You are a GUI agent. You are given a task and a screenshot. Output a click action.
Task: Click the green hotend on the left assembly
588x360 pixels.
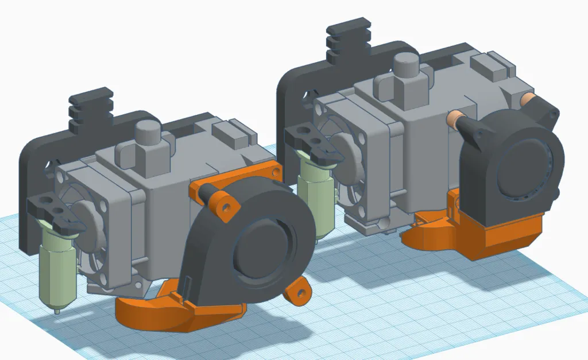point(56,270)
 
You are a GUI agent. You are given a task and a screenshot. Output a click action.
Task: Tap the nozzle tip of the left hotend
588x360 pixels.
point(57,312)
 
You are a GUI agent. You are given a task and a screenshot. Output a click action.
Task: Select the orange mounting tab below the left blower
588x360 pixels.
point(298,292)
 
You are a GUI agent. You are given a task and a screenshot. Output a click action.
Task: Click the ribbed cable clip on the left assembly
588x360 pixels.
point(90,109)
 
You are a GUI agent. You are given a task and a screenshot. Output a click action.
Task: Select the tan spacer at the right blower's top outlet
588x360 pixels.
point(527,101)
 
